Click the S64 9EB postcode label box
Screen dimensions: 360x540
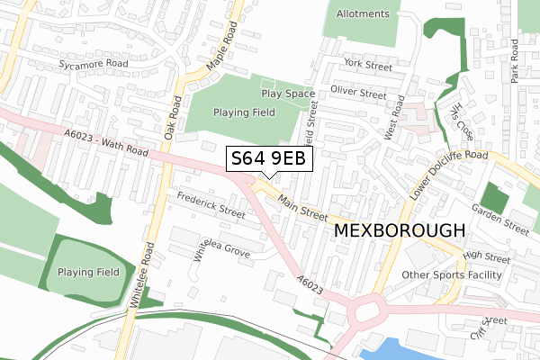[x=268, y=158]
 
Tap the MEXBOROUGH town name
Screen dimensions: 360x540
[x=400, y=230]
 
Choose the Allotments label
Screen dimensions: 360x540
[x=363, y=14]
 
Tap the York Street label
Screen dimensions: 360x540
[x=367, y=66]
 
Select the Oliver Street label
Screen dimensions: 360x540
[x=358, y=93]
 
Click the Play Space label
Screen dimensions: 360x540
[x=288, y=94]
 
